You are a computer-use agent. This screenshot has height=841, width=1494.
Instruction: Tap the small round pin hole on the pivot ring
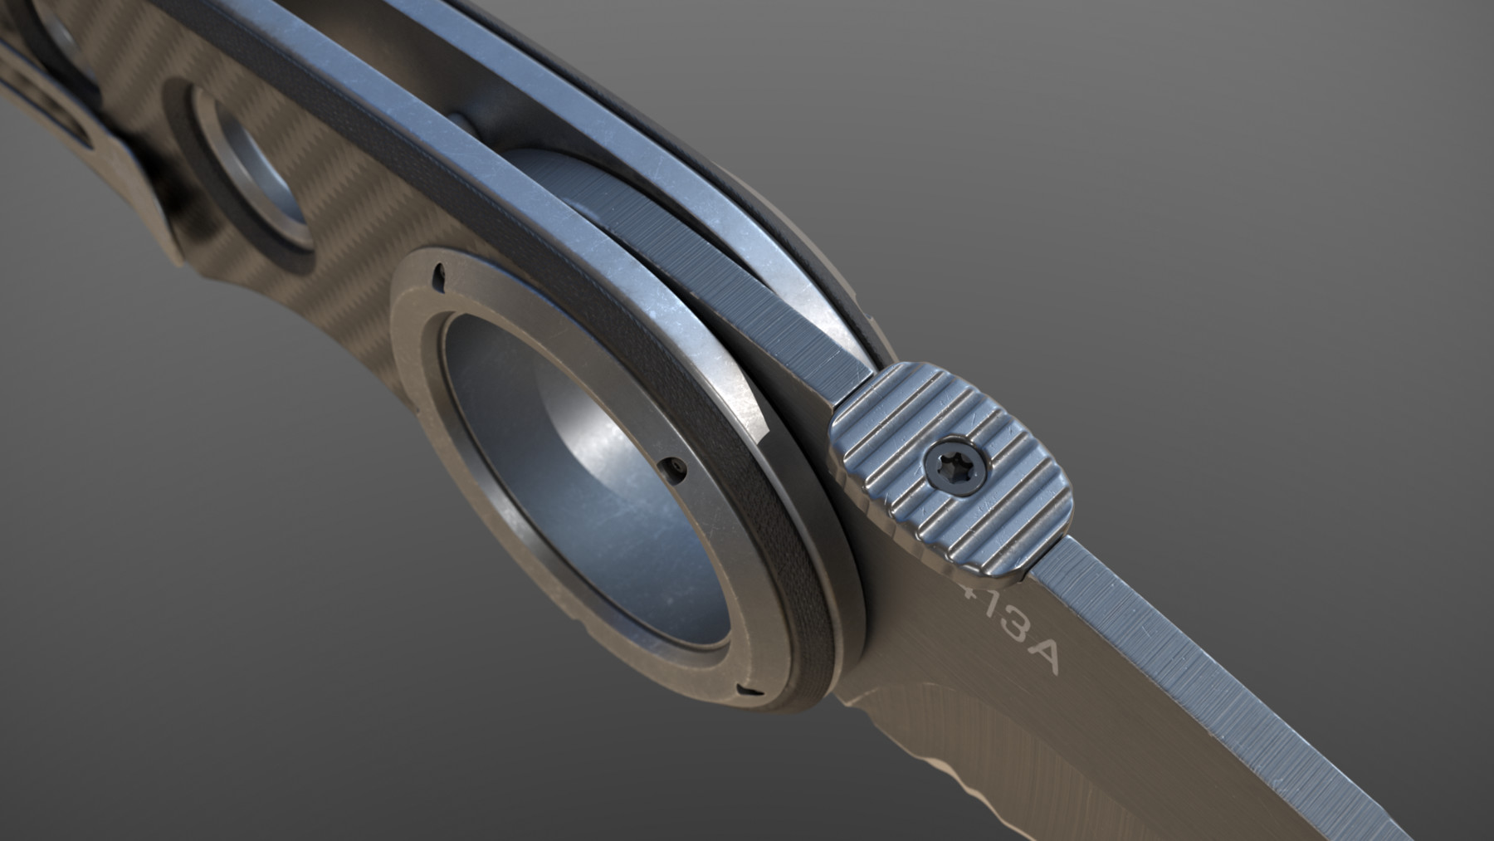point(680,469)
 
